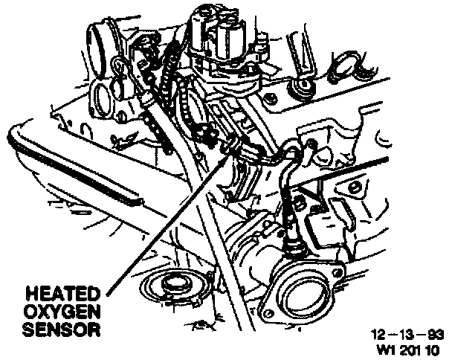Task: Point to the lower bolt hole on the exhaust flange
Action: (x=267, y=310)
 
